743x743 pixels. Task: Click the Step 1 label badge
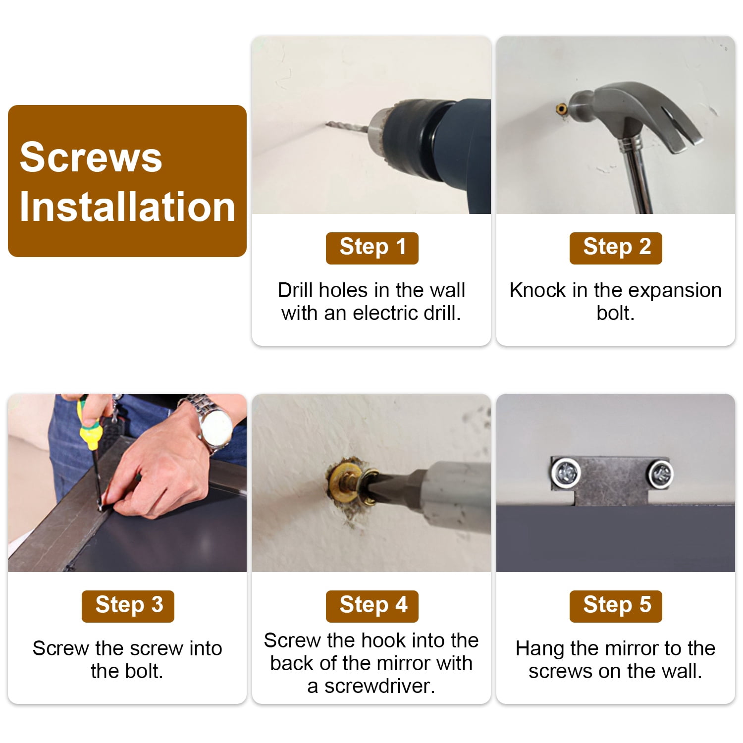pyautogui.click(x=372, y=248)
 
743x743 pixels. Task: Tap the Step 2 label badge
pyautogui.click(x=616, y=248)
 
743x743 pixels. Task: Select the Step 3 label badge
pyautogui.click(x=128, y=606)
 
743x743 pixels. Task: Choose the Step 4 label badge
pyautogui.click(x=372, y=606)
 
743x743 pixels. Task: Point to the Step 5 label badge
pyautogui.click(x=616, y=606)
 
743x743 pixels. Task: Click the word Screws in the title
pyautogui.click(x=91, y=157)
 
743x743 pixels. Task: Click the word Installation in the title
pyautogui.click(x=127, y=207)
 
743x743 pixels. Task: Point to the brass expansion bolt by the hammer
pyautogui.click(x=562, y=109)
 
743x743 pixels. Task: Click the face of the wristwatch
pyautogui.click(x=217, y=425)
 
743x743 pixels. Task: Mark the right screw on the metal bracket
pyautogui.click(x=660, y=474)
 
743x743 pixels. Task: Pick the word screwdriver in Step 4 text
pyautogui.click(x=380, y=687)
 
